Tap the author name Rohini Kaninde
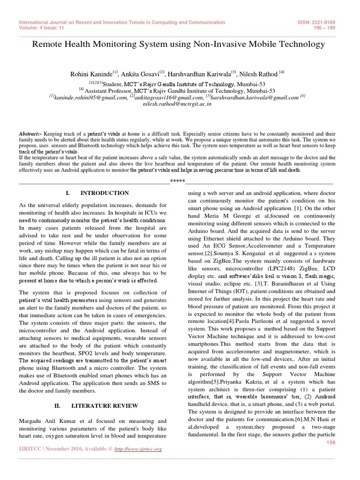pos(91,74)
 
